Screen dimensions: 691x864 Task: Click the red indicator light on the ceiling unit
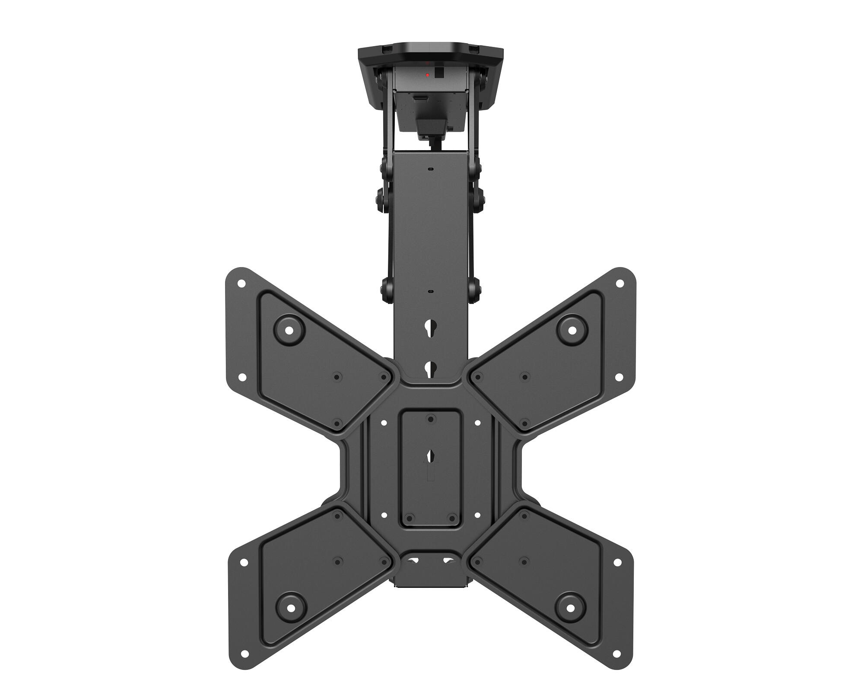click(428, 75)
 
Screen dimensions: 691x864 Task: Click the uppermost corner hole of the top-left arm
click(242, 284)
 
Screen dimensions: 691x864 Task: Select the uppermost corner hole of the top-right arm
click(620, 284)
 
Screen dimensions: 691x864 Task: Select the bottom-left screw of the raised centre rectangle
click(410, 517)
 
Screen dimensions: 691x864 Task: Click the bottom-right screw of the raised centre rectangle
click(451, 517)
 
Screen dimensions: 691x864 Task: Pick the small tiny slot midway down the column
click(430, 291)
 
